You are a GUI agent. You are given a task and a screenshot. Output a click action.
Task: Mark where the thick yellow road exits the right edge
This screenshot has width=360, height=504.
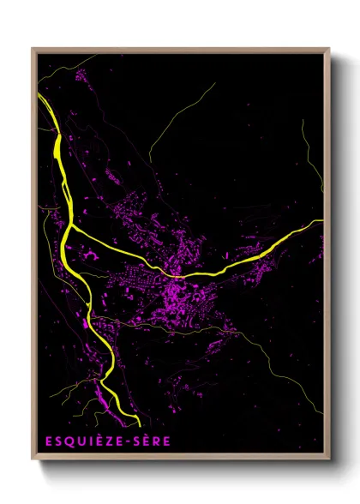(x=322, y=221)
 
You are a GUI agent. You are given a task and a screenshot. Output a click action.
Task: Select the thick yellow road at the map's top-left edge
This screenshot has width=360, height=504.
(x=39, y=97)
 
